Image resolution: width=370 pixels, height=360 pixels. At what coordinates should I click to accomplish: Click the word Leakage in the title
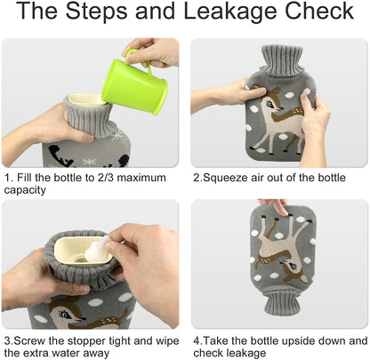click(x=230, y=12)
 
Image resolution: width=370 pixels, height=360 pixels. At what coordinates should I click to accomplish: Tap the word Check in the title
click(x=319, y=11)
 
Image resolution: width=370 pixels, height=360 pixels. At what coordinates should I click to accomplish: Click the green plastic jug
click(x=135, y=84)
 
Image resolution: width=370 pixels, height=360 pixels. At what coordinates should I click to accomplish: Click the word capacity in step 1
click(x=25, y=190)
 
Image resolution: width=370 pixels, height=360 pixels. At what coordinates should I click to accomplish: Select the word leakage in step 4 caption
click(x=247, y=354)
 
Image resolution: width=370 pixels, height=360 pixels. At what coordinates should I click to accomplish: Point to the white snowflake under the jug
click(x=117, y=134)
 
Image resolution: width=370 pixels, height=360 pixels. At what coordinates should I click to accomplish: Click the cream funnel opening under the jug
click(x=86, y=100)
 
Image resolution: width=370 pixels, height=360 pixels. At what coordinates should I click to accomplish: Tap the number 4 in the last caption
click(x=197, y=341)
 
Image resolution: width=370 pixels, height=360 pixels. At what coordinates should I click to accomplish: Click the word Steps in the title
click(x=98, y=12)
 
